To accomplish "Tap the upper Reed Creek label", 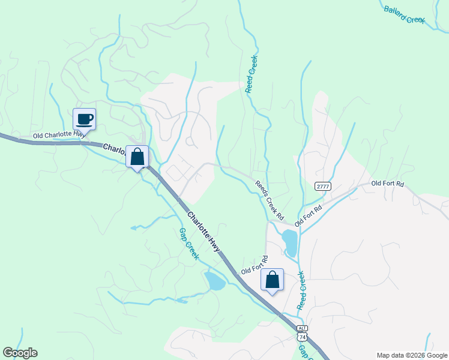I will tap(252, 74).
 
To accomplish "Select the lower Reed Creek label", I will tap(301, 291).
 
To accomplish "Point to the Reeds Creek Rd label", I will tap(268, 200).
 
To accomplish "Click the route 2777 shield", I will tap(322, 187).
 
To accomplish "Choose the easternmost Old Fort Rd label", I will tap(387, 183).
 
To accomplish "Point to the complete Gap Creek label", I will tap(188, 243).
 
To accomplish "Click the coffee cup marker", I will tap(85, 119).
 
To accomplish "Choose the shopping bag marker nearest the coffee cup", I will tap(137, 157).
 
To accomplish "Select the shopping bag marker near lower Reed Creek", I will tap(272, 280).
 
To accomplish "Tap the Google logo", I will tap(20, 353).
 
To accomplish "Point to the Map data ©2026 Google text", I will tap(411, 355).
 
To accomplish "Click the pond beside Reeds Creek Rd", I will tap(289, 242).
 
